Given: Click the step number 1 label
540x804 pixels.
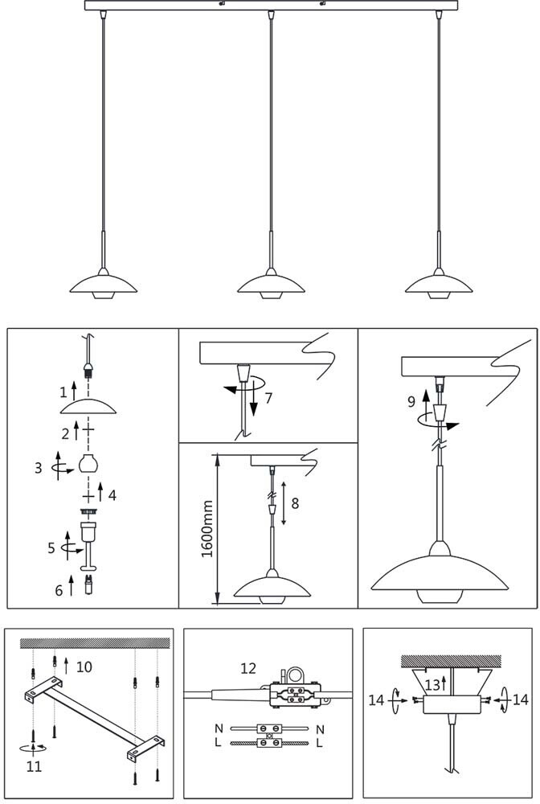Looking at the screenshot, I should [x=63, y=393].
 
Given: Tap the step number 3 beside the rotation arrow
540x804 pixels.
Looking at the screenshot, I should [x=38, y=466].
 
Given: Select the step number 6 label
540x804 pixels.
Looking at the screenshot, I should [x=58, y=590].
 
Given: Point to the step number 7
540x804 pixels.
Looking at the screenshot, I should [x=268, y=397].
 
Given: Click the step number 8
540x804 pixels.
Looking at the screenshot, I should [x=294, y=503].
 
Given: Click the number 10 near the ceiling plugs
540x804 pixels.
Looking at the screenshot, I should [x=84, y=667].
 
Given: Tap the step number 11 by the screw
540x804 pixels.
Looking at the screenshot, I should [x=33, y=766].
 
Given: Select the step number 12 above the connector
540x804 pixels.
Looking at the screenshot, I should [x=248, y=668].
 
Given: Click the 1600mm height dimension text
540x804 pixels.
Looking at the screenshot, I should [x=206, y=529].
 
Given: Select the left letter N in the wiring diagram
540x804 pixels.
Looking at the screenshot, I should [x=218, y=729].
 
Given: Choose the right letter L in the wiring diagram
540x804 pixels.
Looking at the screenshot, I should [x=319, y=743].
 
